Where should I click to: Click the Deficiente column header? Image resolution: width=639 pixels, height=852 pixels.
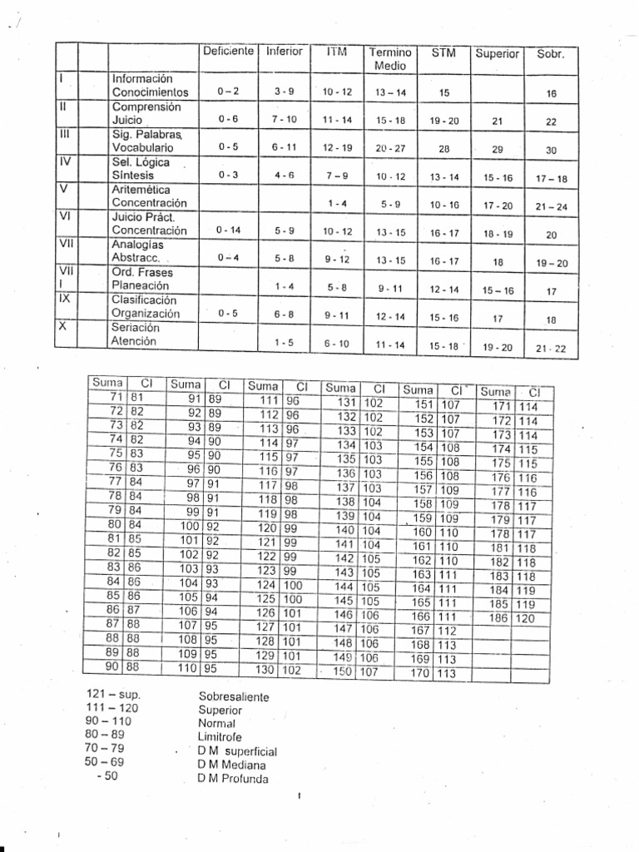click(229, 52)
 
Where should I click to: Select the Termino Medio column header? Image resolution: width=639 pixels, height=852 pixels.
click(390, 58)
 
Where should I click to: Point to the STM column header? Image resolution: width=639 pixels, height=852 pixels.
click(443, 52)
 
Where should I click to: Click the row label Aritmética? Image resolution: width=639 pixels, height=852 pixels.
click(141, 190)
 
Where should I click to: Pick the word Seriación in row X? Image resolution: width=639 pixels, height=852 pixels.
click(136, 327)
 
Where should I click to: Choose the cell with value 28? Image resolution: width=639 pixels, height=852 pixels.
click(443, 148)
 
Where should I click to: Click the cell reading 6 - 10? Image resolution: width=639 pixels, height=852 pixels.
click(338, 343)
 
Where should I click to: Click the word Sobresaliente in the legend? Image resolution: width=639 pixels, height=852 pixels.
click(235, 696)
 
